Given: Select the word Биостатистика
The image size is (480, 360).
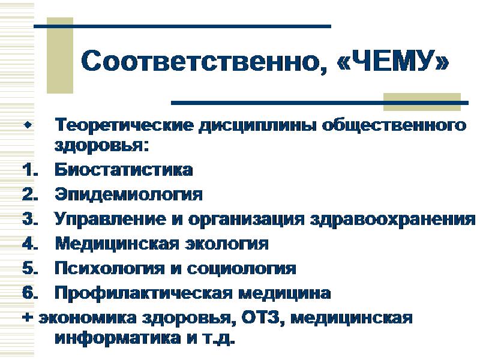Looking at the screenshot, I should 124,170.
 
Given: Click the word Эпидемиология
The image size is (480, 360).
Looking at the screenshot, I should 128,195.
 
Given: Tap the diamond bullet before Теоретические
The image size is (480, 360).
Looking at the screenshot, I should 26,126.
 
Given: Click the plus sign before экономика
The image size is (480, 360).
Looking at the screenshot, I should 26,319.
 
